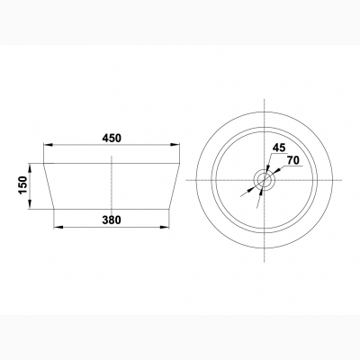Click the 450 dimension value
[x=112, y=139]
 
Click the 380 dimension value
[x=112, y=220]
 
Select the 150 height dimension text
[x=23, y=185]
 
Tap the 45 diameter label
[x=279, y=148]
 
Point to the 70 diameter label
[x=293, y=161]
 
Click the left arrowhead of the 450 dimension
[x=49, y=145]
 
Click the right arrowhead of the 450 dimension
[x=175, y=145]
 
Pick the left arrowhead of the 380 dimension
[x=58, y=227]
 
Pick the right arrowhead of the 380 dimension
[x=165, y=227]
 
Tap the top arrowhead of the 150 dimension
[x=30, y=168]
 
